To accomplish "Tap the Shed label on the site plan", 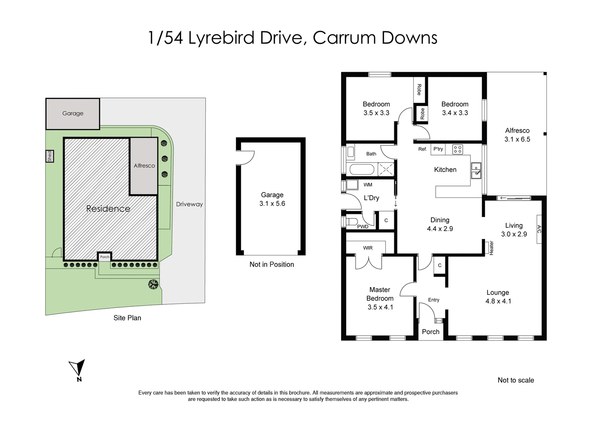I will (49, 156).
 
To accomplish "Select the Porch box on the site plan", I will (104, 257).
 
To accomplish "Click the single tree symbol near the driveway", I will (153, 284).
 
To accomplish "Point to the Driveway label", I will (189, 204).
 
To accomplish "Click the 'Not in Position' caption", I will (271, 264).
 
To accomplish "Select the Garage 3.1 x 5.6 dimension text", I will (272, 204).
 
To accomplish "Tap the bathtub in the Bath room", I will (362, 170).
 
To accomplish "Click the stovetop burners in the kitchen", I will (457, 149).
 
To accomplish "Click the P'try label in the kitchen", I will (438, 149).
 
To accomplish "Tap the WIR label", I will (368, 248).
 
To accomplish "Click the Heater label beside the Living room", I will (492, 248).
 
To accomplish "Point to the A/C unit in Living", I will (539, 229).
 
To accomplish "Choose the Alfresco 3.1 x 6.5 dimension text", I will (517, 139).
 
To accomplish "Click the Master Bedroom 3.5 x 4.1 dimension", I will (380, 307).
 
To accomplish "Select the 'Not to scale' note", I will (515, 380).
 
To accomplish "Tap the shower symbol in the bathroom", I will (385, 170).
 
